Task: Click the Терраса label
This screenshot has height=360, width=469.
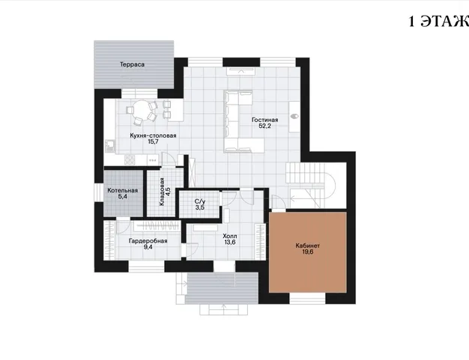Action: point(132,64)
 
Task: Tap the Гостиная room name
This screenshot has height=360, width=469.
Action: point(264,120)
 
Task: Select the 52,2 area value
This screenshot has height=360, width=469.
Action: point(264,126)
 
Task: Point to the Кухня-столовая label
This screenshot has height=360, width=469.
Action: point(153,135)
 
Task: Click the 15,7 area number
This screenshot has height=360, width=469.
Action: point(153,142)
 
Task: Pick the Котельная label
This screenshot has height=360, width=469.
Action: point(123,191)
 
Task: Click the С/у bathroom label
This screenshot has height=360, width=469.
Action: point(200,201)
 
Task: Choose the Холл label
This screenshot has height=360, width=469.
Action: point(230,237)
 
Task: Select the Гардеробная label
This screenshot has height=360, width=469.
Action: point(148,241)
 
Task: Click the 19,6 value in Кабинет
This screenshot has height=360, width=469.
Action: point(307,252)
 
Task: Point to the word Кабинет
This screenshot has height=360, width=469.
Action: point(307,246)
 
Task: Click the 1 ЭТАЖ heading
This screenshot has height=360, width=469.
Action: point(438,22)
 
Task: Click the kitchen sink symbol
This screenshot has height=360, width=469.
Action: point(110,147)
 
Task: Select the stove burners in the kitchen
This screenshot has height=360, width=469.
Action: point(130,160)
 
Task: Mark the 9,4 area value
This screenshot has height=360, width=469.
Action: point(148,247)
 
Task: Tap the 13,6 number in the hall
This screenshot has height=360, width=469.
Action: point(230,242)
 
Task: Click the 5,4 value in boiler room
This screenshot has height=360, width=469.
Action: point(123,197)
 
